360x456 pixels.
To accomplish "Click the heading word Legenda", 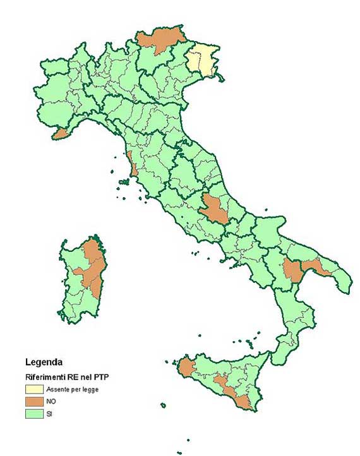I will point(44,363).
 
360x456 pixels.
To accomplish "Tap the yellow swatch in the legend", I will point(34,389).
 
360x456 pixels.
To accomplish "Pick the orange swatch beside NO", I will point(34,401).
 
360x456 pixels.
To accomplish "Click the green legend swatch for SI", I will point(34,414).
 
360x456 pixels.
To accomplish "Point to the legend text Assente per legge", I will point(71,389).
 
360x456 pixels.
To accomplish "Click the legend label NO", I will point(51,401).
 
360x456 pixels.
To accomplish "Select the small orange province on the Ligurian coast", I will point(60,134).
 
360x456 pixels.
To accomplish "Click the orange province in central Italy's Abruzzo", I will point(214,209).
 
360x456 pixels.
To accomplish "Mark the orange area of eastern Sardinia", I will point(93,268).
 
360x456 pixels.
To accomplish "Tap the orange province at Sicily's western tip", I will point(186,368).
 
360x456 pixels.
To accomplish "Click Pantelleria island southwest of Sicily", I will point(163,405).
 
